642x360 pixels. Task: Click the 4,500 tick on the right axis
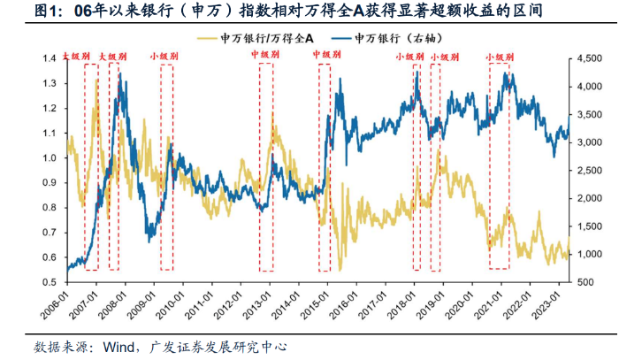click(590, 58)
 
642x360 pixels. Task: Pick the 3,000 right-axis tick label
click(590, 142)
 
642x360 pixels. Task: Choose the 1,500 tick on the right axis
click(590, 226)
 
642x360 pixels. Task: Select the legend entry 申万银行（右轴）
click(400, 39)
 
